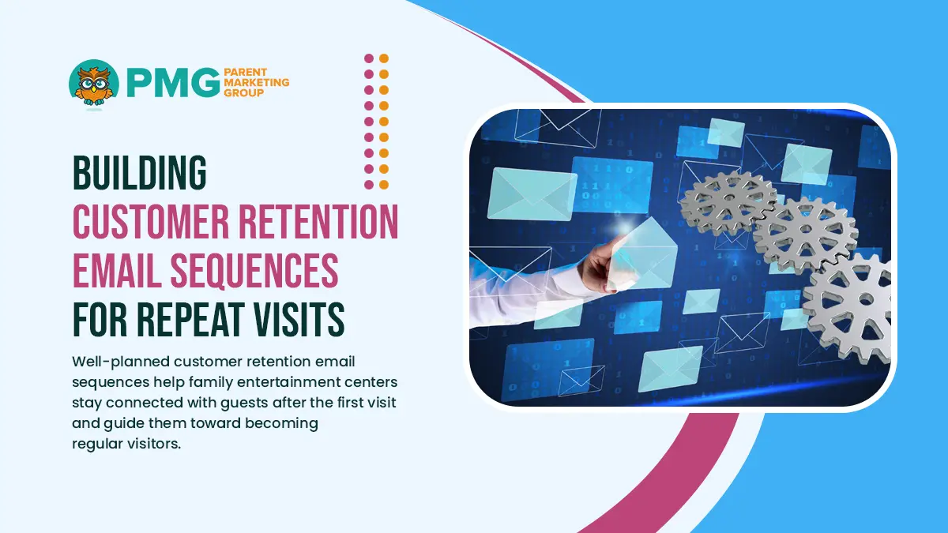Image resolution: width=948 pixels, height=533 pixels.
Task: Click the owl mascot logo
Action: click(94, 82)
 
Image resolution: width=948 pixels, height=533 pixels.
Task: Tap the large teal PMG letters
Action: click(168, 83)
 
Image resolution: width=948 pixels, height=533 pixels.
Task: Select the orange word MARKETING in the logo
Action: click(257, 82)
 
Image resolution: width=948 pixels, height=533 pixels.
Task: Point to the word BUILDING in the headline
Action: click(139, 173)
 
